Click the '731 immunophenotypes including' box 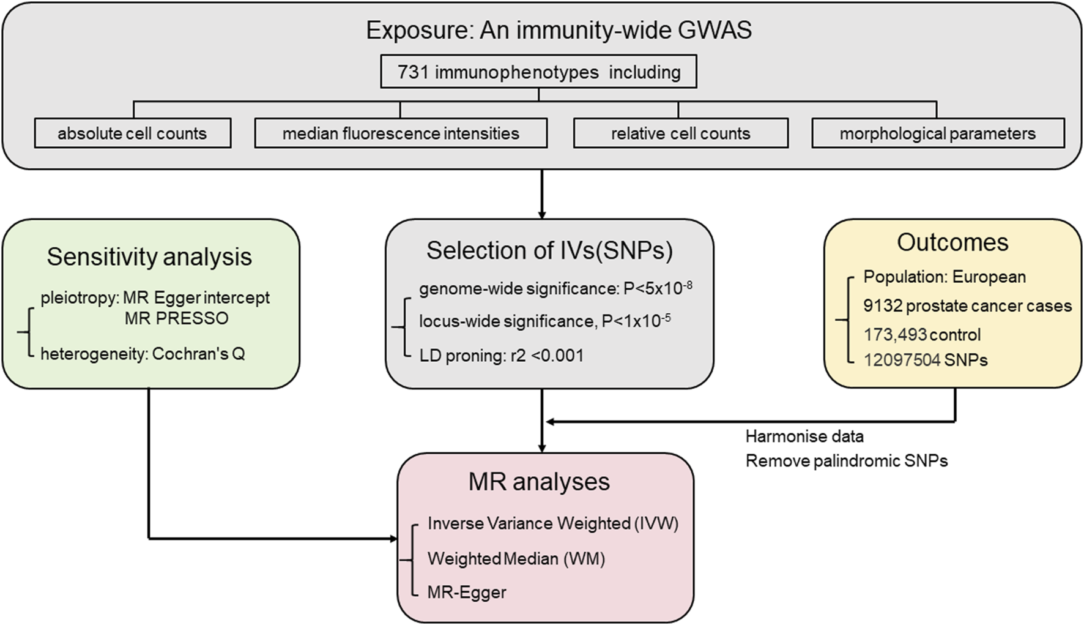pyautogui.click(x=538, y=72)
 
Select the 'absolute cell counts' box pyautogui.click(x=132, y=133)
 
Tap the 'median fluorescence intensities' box pyautogui.click(x=401, y=133)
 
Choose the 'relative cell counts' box pyautogui.click(x=680, y=133)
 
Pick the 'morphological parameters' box pyautogui.click(x=937, y=133)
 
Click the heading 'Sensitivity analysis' pyautogui.click(x=149, y=256)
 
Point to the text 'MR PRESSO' pyautogui.click(x=176, y=318)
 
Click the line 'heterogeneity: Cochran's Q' pyautogui.click(x=143, y=354)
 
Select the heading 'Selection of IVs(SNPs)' pyautogui.click(x=549, y=250)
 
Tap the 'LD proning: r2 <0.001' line pyautogui.click(x=501, y=356)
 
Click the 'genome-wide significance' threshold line pyautogui.click(x=555, y=288)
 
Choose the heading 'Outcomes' pyautogui.click(x=952, y=242)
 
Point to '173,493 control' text pyautogui.click(x=921, y=335)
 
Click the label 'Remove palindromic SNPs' pyautogui.click(x=846, y=461)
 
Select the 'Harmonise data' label pyautogui.click(x=804, y=436)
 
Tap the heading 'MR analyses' pyautogui.click(x=539, y=482)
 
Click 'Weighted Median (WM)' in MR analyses pyautogui.click(x=516, y=558)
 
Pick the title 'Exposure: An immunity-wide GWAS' pyautogui.click(x=559, y=30)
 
